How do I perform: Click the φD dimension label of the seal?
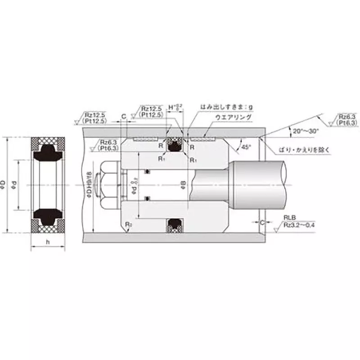[x=6, y=185]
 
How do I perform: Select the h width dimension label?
[x=48, y=242]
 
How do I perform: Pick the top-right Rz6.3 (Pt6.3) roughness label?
[x=347, y=119]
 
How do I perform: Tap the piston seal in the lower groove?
[x=174, y=225]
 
